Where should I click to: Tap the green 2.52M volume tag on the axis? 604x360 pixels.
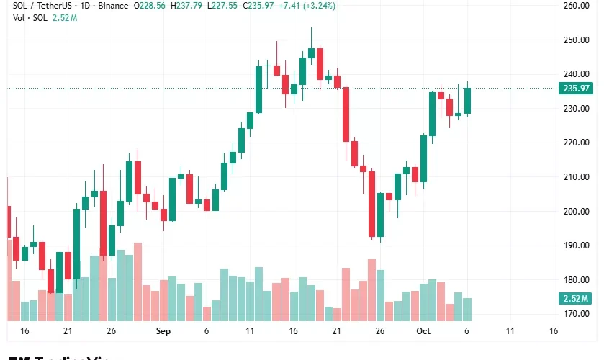(x=575, y=299)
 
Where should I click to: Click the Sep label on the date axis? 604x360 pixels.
(x=163, y=331)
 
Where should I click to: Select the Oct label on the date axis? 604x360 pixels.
(x=423, y=331)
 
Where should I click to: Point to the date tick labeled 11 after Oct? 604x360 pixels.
(x=510, y=331)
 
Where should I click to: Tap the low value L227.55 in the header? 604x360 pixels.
(x=223, y=6)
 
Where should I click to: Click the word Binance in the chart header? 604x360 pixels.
(x=109, y=6)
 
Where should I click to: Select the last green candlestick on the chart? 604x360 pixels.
(x=467, y=101)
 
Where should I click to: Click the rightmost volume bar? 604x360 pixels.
(x=467, y=309)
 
